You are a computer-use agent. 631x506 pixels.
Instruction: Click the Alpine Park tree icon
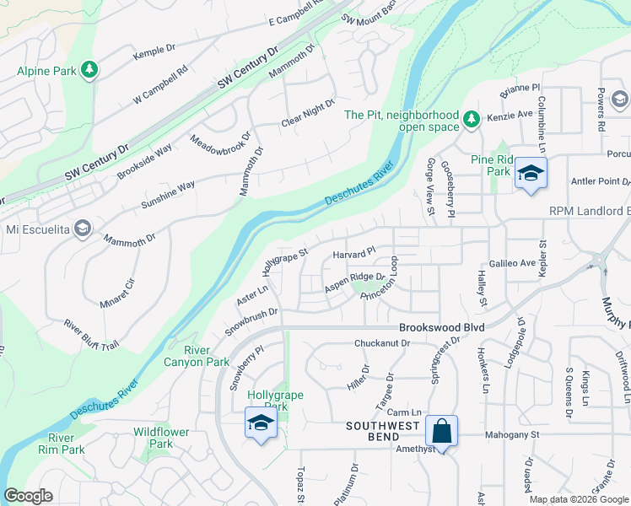coord(89,71)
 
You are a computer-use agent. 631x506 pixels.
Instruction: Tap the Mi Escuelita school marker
coord(83,229)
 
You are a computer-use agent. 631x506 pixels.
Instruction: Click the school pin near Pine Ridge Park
coord(531,174)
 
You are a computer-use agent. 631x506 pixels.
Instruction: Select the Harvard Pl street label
coord(353,254)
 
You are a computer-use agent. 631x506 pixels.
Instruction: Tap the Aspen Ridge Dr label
coord(355,283)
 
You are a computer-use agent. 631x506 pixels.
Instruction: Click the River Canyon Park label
coord(207,356)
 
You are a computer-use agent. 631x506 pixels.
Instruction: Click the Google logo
coord(28,496)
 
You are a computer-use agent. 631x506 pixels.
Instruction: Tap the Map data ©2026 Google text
coord(579,499)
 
